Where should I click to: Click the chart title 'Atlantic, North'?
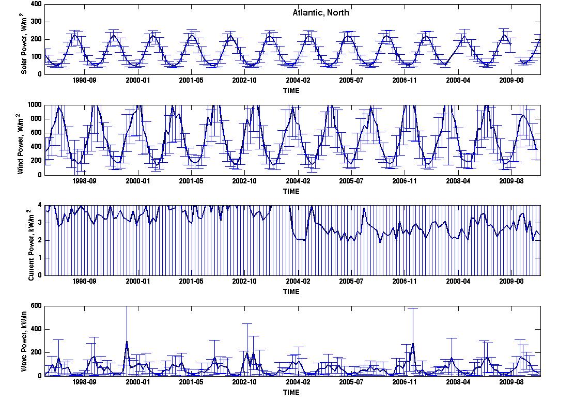click(321, 13)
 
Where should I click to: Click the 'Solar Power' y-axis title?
click(23, 43)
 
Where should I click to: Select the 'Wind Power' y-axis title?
click(20, 144)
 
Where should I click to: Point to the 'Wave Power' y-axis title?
click(23, 341)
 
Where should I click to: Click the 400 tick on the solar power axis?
click(37, 5)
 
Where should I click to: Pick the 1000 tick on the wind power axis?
click(35, 105)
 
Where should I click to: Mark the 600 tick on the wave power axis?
click(37, 306)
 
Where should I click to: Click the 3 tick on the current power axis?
click(40, 223)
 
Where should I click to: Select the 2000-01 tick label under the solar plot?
click(137, 80)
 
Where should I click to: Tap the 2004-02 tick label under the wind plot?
click(298, 181)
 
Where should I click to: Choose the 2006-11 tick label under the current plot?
click(405, 281)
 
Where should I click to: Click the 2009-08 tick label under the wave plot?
click(511, 382)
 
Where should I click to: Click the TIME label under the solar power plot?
click(291, 90)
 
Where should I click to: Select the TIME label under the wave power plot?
click(291, 392)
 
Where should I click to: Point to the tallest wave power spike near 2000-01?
click(127, 342)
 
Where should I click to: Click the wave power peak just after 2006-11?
click(413, 344)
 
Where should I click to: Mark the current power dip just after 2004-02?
click(300, 240)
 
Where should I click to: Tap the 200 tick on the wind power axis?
click(37, 161)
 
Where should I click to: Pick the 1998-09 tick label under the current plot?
click(85, 281)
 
